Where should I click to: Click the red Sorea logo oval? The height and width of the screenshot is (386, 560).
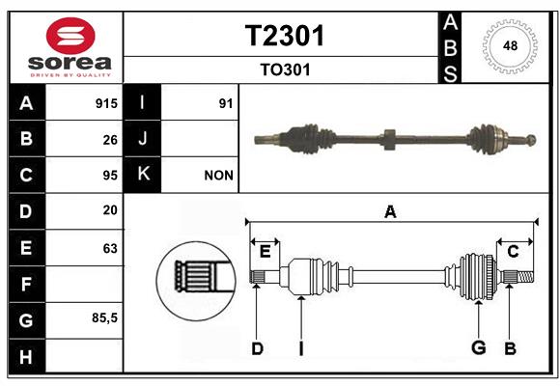coord(70,36)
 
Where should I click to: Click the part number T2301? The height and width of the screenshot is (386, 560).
coord(285,36)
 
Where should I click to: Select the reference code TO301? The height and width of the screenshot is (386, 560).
coord(285,69)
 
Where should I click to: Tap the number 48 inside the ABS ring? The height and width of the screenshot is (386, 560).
coord(510,45)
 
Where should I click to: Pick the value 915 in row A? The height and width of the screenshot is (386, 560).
coord(106,103)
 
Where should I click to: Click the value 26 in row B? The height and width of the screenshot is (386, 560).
coord(110,140)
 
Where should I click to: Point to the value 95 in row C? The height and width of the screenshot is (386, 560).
coord(110,176)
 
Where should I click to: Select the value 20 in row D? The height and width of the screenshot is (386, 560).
coord(110,210)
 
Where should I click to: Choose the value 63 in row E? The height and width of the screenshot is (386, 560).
coord(110,248)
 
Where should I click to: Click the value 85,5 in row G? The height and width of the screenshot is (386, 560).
coord(104,317)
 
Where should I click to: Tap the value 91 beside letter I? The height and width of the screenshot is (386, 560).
coord(226,103)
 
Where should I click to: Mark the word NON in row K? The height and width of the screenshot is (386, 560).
coord(218,176)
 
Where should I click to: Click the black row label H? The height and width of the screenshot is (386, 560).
coord(27,356)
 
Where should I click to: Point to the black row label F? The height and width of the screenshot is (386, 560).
coord(27,284)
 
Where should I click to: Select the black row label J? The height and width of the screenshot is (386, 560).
coord(142,139)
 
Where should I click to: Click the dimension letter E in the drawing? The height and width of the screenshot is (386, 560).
coord(265,252)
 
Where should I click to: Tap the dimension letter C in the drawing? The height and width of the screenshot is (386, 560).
coord(513,252)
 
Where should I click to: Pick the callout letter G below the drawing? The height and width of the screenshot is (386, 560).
coord(479,347)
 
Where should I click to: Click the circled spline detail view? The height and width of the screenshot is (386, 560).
coord(196,281)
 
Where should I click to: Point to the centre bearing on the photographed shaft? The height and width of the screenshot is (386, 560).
coord(390,139)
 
